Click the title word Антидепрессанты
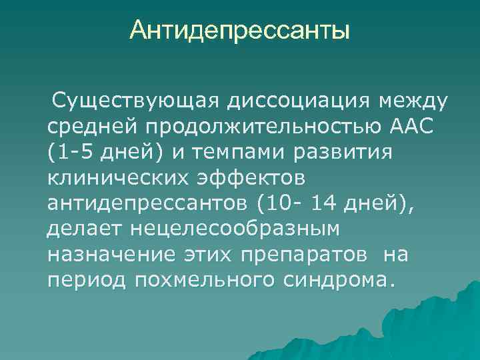(240, 30)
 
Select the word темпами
(243, 153)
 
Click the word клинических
(115, 178)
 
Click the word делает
(83, 229)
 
